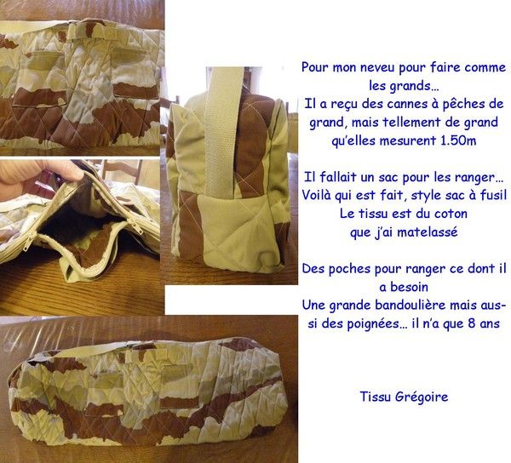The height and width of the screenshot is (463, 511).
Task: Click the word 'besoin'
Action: (x=409, y=287)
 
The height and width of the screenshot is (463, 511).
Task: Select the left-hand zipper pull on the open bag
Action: (x=26, y=244)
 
